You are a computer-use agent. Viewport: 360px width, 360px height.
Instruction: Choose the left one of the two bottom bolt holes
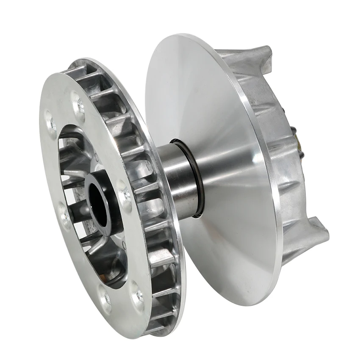coord(105,297)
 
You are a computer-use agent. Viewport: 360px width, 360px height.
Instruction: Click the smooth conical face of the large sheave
coord(220,127)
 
